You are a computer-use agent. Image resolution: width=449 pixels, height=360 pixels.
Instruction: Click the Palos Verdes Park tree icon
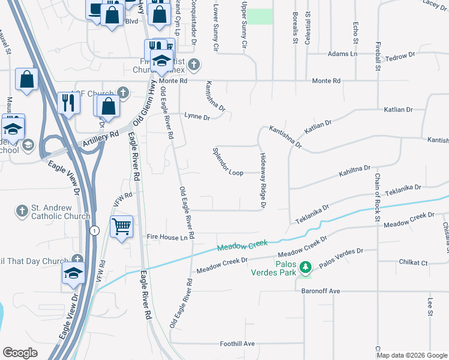click(306, 266)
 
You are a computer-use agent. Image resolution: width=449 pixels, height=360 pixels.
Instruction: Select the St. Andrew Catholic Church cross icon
click(22, 211)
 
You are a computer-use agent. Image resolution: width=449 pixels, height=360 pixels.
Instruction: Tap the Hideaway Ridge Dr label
click(262, 181)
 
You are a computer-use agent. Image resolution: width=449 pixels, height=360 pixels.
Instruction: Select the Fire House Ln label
click(167, 238)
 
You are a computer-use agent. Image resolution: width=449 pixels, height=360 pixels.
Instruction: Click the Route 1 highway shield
click(94, 230)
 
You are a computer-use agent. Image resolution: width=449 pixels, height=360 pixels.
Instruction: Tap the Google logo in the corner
click(20, 353)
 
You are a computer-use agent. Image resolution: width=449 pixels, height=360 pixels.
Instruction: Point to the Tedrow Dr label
click(400, 56)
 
